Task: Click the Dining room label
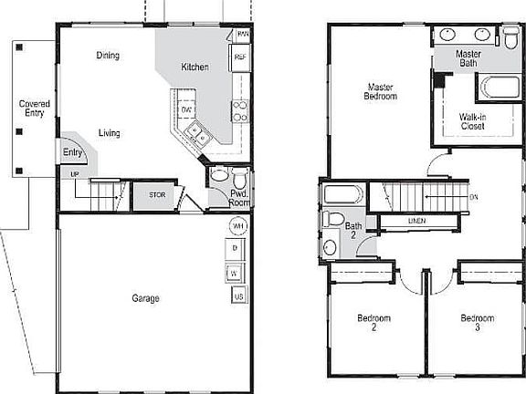tap(108, 56)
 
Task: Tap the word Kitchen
tap(195, 67)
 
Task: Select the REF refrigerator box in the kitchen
tap(241, 57)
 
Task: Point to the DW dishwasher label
tap(186, 109)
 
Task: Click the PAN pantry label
tap(242, 35)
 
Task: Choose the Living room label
tap(110, 133)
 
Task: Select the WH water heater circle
tap(237, 225)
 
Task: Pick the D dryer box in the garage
tap(236, 248)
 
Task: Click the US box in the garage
tap(237, 296)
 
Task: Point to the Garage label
tap(144, 298)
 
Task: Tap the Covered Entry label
tap(35, 109)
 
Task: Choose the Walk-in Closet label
tap(472, 121)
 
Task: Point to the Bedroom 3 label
tap(477, 323)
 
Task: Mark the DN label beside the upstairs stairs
tap(473, 197)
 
